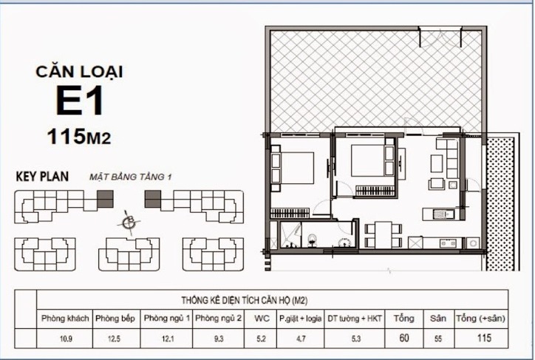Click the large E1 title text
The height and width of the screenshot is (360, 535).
79,101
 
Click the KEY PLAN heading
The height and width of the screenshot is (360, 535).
42,177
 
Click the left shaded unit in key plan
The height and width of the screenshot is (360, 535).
106,198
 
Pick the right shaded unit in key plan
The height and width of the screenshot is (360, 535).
152,198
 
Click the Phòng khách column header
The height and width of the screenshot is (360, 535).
66,318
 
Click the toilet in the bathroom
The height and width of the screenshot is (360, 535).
312,239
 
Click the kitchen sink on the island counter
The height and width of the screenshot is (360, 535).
442,214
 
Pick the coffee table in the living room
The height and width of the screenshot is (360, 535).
437,183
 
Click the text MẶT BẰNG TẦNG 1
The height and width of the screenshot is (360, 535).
130,177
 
